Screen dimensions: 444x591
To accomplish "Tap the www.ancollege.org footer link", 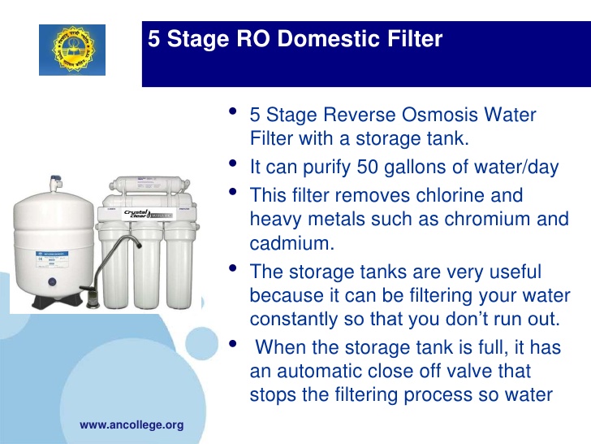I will click(x=132, y=425).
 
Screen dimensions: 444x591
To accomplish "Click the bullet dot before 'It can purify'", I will click(x=234, y=163).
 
